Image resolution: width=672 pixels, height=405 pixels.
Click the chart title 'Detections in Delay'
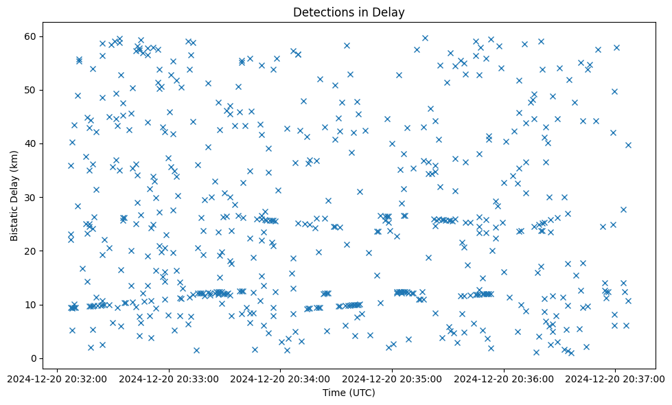coord(349,12)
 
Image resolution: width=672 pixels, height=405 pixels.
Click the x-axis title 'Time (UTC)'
coord(349,393)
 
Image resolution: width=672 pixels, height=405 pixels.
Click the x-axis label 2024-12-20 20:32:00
coord(57,379)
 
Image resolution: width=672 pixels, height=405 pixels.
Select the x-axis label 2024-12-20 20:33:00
coord(169,379)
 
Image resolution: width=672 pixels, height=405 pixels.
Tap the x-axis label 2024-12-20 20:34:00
coord(281,379)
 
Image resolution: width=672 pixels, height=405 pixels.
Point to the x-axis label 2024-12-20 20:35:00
coord(393,379)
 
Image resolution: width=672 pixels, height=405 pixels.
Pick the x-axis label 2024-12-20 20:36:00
coord(505,379)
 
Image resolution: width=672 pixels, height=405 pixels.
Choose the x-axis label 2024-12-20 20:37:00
coord(616,379)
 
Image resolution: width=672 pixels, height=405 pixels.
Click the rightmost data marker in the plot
coord(628,145)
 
